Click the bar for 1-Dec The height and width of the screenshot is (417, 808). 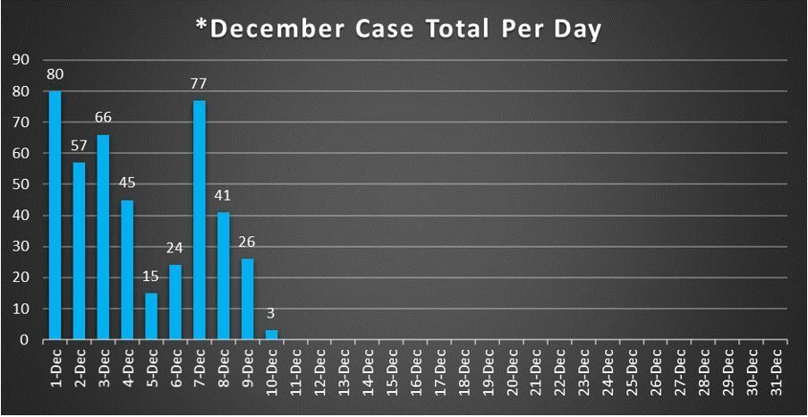click(x=55, y=215)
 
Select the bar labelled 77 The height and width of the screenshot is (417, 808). click(x=199, y=219)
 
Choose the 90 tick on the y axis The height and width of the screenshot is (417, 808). click(x=18, y=60)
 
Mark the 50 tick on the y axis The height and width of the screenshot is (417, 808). click(x=18, y=184)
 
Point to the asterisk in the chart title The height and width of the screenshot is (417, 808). click(x=201, y=24)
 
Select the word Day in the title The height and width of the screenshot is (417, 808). click(x=581, y=30)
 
